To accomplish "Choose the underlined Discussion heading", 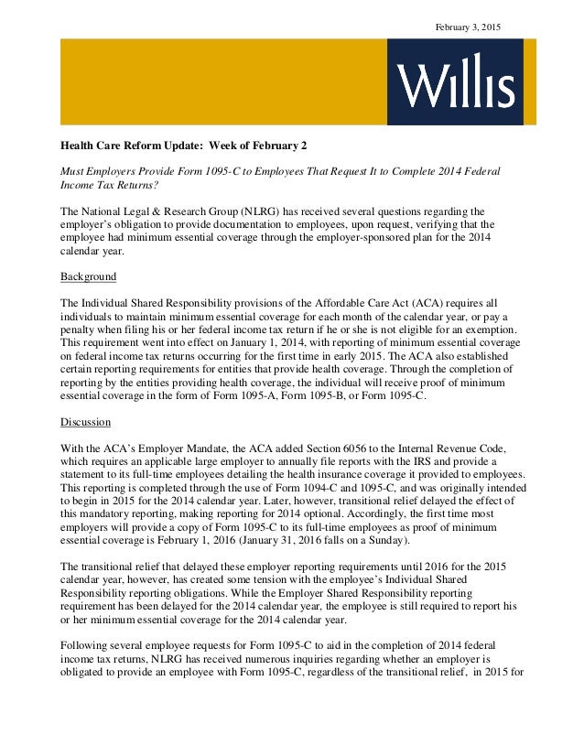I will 85,422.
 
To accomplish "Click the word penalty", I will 81,327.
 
